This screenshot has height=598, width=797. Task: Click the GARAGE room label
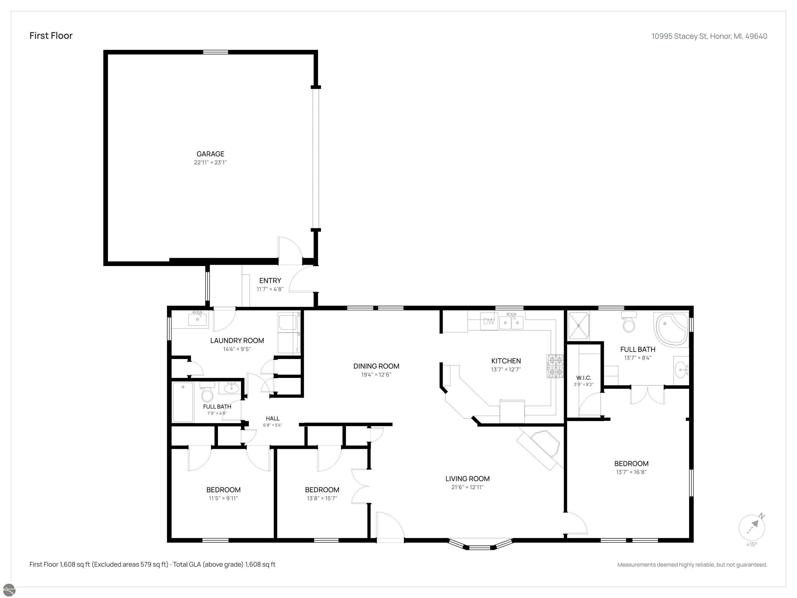point(210,154)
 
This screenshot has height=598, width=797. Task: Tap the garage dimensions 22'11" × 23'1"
point(210,162)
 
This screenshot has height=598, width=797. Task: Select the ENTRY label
point(270,280)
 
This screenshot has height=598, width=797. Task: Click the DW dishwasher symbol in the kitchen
point(489,321)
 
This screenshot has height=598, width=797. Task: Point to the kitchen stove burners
point(555,366)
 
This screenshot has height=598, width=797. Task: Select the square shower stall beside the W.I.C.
point(579,326)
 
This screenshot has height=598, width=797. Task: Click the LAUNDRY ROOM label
point(237,341)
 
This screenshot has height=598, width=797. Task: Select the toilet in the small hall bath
point(208,392)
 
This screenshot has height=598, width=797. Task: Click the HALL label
point(273,418)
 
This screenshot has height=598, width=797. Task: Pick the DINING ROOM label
point(376,366)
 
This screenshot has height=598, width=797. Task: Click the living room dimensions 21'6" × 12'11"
point(467,487)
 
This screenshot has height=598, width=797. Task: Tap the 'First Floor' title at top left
point(51,36)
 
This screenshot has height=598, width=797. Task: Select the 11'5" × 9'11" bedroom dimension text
point(223,499)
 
